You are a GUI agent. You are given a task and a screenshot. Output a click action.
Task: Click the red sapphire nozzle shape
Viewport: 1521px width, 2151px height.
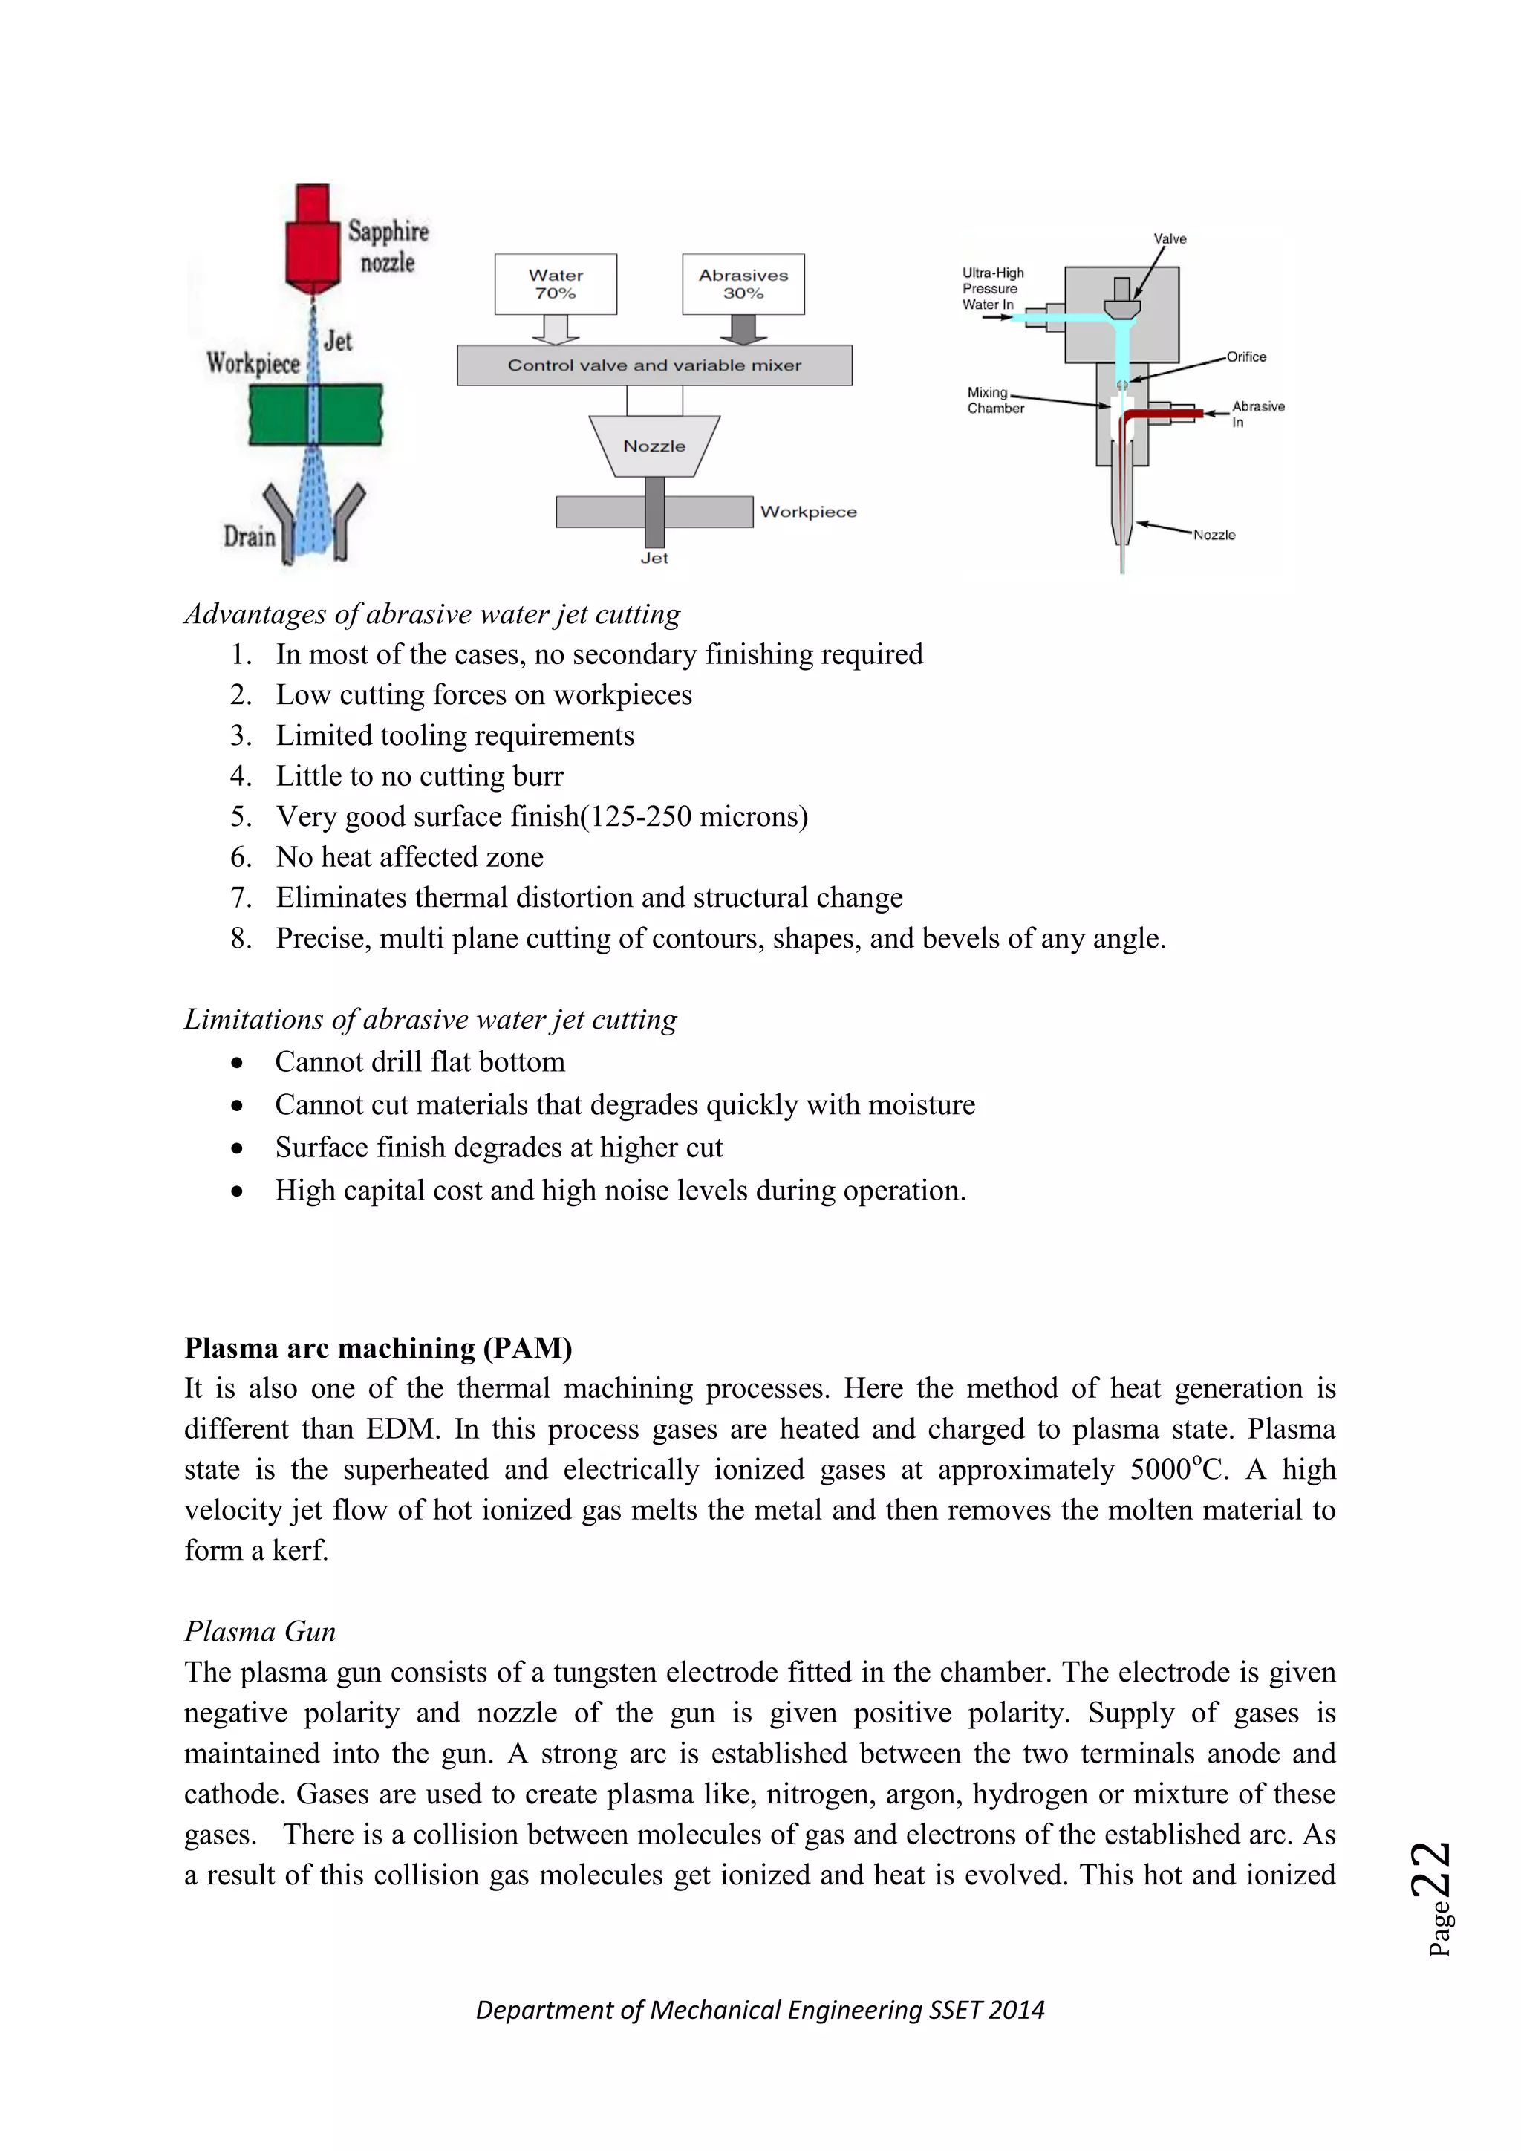click(x=313, y=240)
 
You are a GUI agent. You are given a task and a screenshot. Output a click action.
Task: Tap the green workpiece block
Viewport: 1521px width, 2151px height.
click(x=316, y=414)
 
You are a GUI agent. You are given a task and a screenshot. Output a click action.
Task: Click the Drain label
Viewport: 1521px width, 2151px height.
click(x=249, y=537)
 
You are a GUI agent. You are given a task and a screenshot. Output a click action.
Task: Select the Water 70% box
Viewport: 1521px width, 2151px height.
click(x=556, y=284)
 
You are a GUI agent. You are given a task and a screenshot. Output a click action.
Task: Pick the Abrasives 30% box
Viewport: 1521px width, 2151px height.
click(x=743, y=284)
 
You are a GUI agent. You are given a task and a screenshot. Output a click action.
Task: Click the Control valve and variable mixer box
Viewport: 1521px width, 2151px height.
click(x=654, y=365)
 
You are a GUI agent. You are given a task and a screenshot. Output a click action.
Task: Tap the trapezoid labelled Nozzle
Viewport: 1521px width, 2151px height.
click(x=654, y=446)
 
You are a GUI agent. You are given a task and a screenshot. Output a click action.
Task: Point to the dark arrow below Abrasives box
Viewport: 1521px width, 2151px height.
click(x=743, y=329)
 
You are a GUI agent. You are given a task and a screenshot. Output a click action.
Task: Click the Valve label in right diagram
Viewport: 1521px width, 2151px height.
click(x=1169, y=239)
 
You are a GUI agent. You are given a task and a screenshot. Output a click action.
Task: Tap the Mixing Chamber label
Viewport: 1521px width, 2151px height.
click(x=994, y=400)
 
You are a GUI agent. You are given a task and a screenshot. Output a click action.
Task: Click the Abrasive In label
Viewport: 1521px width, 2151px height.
click(x=1257, y=413)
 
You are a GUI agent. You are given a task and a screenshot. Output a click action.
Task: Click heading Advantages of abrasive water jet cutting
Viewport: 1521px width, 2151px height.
click(x=431, y=614)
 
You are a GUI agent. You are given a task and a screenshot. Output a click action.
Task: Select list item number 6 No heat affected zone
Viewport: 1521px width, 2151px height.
click(x=409, y=856)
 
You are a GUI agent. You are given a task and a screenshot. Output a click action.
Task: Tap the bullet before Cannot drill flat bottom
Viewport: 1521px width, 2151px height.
click(x=238, y=1062)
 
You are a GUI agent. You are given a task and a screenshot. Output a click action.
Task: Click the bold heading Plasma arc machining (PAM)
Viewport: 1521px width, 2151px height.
click(x=377, y=1347)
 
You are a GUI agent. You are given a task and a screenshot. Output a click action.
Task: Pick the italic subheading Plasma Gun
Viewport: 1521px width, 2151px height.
click(x=259, y=1631)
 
